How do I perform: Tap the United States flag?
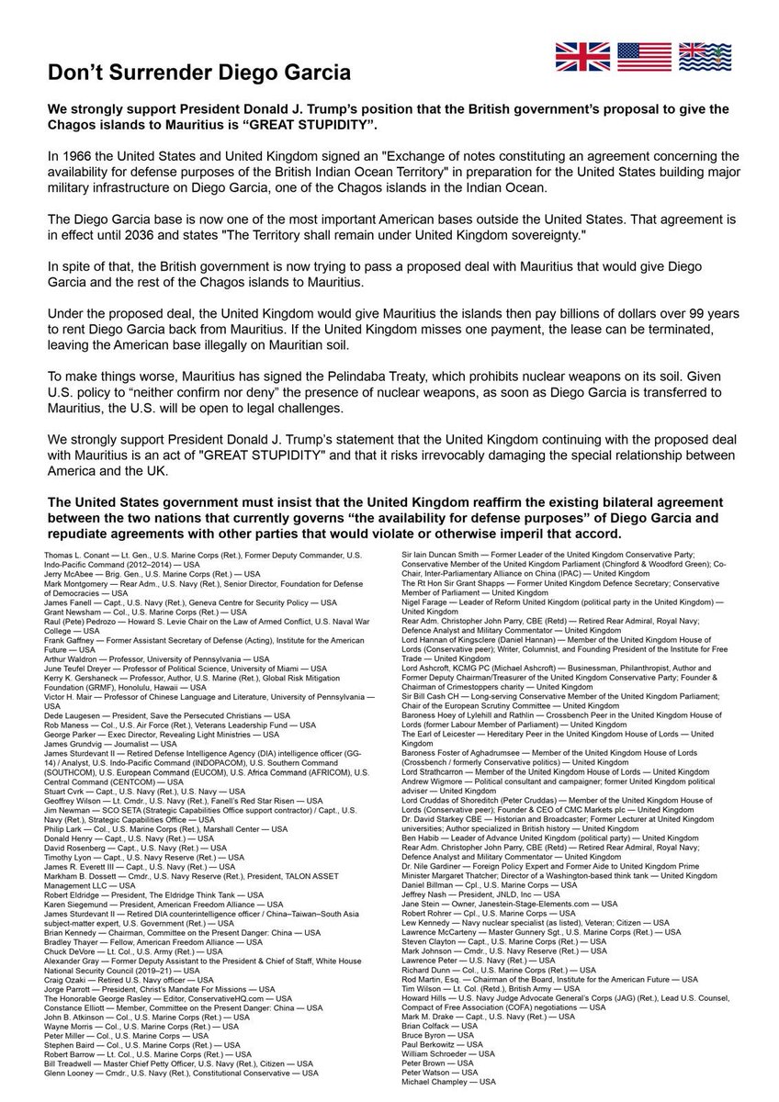click(644, 57)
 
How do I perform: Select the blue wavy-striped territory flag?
click(705, 57)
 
